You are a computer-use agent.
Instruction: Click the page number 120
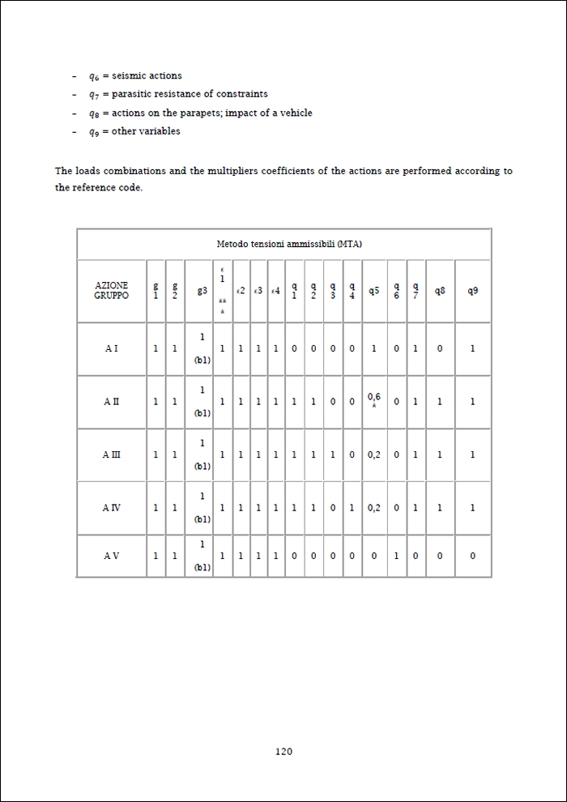pos(283,752)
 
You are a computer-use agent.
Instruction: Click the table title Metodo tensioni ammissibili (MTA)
pos(283,244)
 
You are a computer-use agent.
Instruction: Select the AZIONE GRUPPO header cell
pos(111,291)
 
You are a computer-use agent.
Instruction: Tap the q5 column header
pos(373,291)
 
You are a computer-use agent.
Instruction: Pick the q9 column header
pos(472,291)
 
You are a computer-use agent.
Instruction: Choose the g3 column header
pos(202,291)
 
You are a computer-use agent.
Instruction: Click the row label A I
pos(111,348)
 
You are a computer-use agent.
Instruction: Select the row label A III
pos(111,455)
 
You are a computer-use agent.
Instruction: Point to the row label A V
pos(111,556)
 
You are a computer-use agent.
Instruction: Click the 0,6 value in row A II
pos(373,397)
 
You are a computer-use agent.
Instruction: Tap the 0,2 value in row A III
pos(373,455)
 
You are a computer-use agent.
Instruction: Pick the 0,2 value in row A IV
pos(373,508)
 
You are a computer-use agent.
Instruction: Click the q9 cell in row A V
pos(472,556)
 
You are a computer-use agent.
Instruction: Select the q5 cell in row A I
pos(373,348)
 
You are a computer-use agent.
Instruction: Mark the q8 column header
pos(440,291)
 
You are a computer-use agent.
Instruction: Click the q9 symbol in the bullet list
pos(95,131)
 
